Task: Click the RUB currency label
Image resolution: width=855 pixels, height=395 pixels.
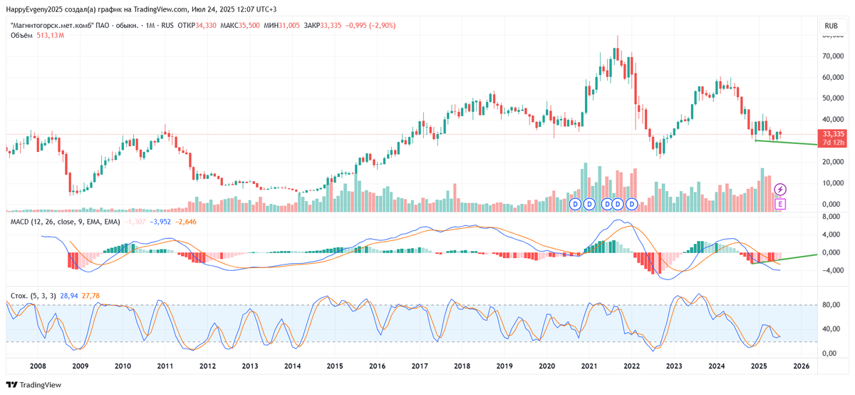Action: point(831,26)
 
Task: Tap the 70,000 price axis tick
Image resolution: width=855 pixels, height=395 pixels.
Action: point(832,56)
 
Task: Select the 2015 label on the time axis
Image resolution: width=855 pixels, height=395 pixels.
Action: point(336,366)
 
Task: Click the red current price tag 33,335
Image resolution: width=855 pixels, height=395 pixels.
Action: point(832,133)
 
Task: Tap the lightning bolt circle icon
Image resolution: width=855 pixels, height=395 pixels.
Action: point(780,189)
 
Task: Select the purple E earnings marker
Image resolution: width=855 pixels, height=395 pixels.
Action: point(780,205)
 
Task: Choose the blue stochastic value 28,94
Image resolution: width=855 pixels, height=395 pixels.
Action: point(70,294)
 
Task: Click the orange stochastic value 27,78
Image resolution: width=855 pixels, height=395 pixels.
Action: point(91,294)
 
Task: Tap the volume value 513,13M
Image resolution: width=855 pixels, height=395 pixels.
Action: point(51,36)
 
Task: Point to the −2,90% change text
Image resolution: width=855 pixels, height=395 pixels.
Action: point(380,26)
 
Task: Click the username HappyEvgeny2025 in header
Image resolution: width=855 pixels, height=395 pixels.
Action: point(36,9)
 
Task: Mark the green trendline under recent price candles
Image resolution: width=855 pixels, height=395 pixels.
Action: point(791,143)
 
